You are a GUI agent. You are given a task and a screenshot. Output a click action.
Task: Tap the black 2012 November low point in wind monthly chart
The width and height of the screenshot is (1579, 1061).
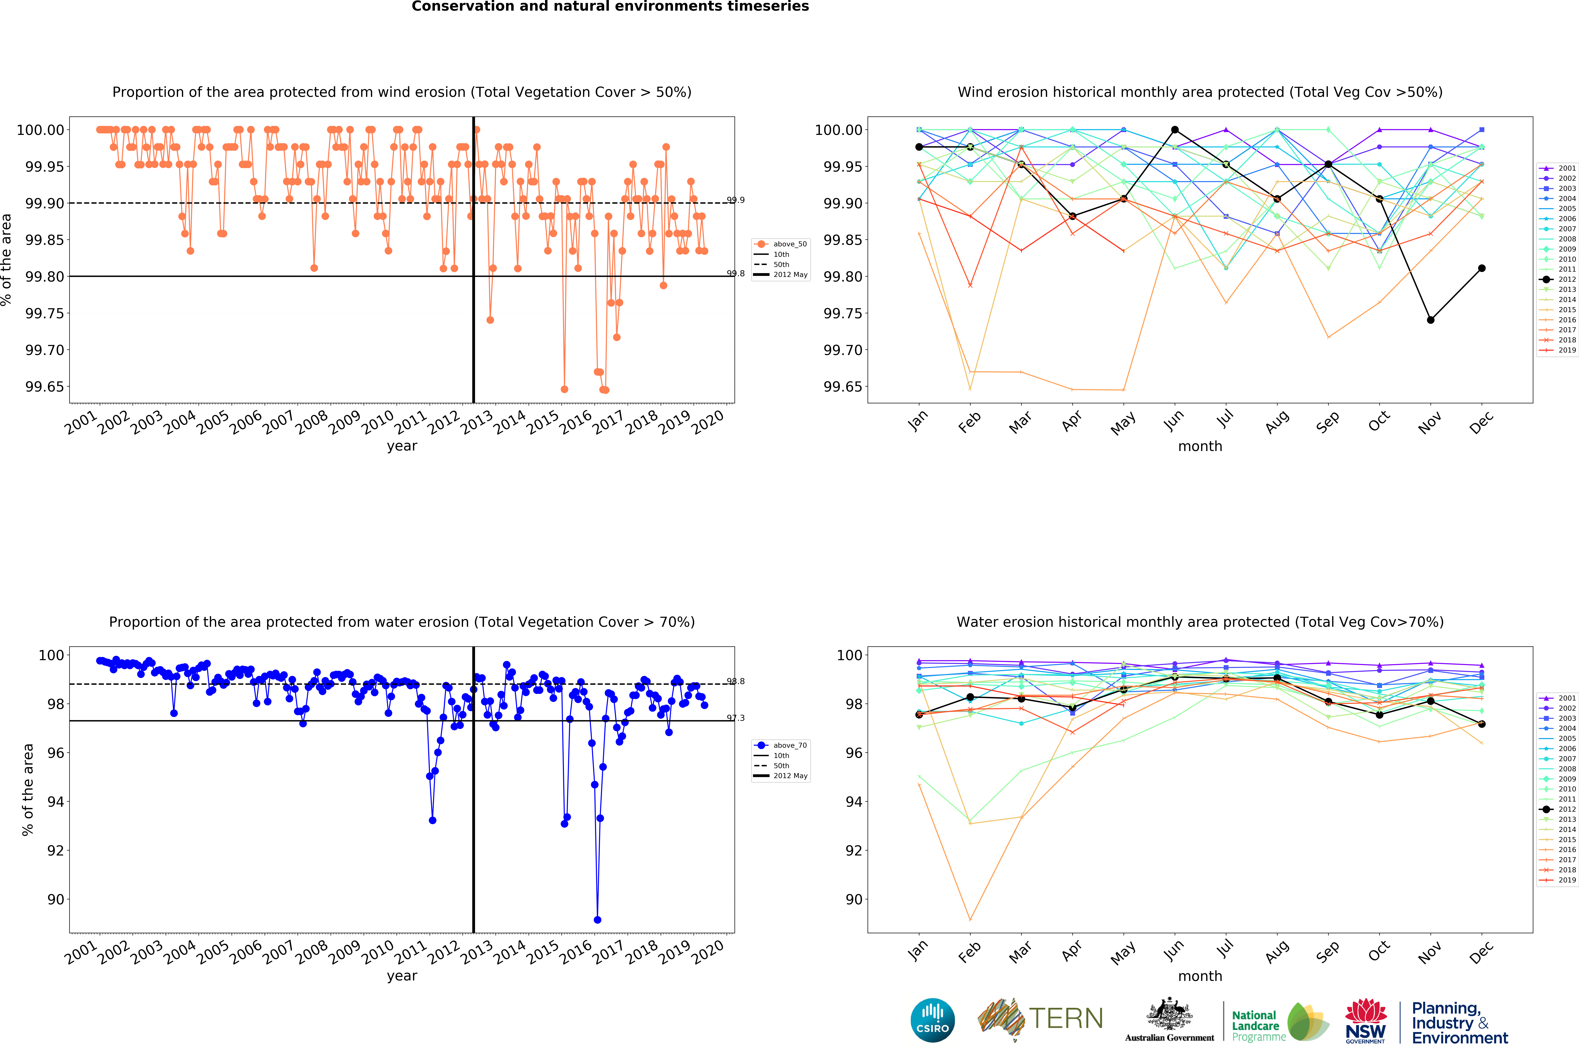tap(1430, 320)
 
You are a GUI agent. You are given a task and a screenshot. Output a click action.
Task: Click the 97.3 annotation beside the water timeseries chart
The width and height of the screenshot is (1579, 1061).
tap(736, 718)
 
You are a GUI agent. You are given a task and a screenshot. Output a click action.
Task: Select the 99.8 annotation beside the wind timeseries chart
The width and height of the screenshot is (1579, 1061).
tap(736, 273)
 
